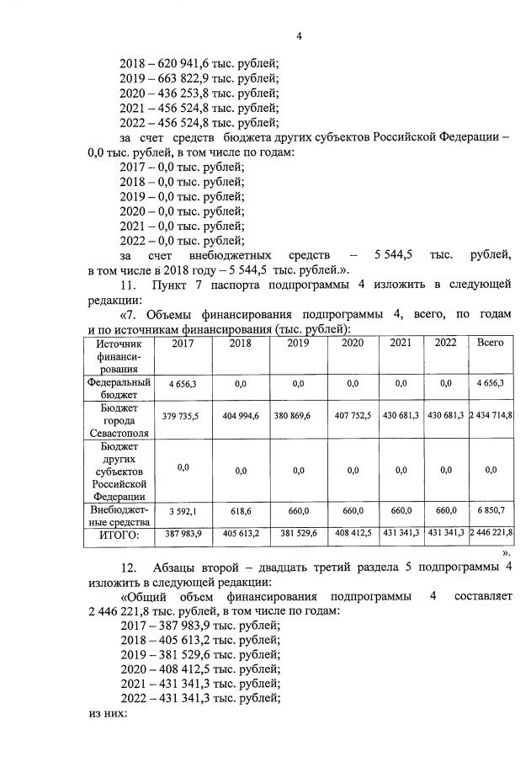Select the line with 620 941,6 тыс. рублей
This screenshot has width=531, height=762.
[x=199, y=62]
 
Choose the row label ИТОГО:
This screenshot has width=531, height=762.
[x=119, y=534]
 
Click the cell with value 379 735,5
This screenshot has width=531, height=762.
[x=182, y=416]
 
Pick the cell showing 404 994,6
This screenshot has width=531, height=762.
[x=241, y=416]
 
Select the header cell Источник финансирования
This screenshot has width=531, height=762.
[x=119, y=355]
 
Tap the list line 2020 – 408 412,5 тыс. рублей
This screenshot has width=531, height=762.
[x=200, y=668]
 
